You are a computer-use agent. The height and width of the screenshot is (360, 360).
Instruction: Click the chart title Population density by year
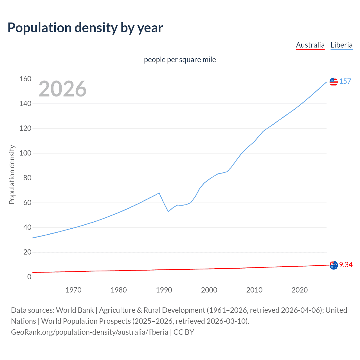click(85, 28)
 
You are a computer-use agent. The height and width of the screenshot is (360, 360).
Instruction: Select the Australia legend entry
click(310, 45)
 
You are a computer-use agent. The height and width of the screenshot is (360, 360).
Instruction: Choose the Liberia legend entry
click(341, 45)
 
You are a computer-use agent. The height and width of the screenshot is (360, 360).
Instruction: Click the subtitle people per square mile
click(180, 60)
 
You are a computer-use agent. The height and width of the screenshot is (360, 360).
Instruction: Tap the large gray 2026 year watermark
click(62, 89)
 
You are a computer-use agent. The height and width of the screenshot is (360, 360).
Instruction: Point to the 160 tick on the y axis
click(25, 79)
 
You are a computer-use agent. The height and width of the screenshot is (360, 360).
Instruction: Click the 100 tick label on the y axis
click(25, 153)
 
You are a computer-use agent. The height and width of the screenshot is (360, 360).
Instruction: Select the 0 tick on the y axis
click(29, 277)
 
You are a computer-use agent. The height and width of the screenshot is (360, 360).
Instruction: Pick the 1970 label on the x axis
click(73, 290)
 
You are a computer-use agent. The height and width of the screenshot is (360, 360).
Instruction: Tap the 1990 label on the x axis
click(164, 290)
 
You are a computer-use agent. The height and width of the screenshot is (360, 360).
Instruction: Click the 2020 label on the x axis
click(300, 290)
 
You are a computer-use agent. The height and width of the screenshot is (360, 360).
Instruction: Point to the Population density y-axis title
click(12, 174)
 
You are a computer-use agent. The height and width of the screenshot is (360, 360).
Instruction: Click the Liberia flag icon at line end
click(334, 82)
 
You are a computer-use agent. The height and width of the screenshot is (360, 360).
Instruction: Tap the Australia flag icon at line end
click(334, 265)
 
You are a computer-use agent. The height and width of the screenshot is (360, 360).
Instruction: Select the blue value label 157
click(345, 82)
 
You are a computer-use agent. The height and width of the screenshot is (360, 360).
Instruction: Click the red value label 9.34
click(346, 265)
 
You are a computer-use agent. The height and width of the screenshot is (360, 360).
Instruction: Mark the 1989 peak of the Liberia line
click(159, 193)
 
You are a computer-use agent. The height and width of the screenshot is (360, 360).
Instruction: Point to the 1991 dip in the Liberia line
click(168, 211)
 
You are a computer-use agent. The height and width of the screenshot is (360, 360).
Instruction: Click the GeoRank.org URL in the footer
click(89, 332)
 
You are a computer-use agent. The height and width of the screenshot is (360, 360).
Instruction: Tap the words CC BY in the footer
click(184, 332)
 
